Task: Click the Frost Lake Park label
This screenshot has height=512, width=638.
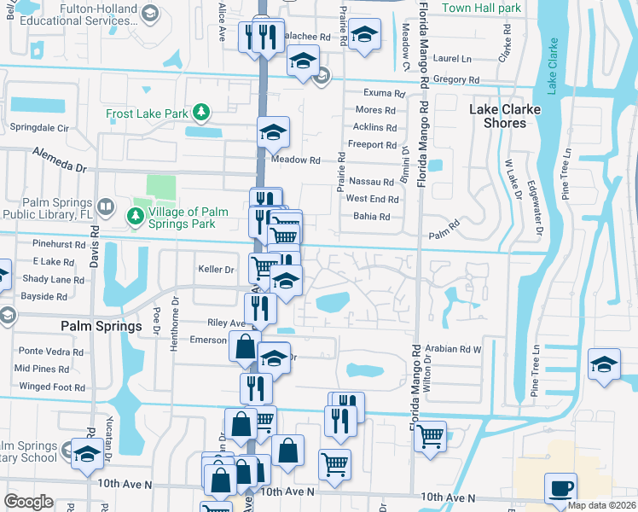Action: coord(146,113)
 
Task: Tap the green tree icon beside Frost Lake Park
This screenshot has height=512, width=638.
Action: coord(200,112)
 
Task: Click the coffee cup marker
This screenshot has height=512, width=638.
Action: coord(560,488)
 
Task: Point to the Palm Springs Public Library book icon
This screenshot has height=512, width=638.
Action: coord(105,207)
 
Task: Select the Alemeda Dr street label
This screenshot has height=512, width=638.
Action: coord(61,159)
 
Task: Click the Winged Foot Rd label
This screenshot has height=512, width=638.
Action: coord(52,387)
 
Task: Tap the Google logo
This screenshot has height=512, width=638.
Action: coord(28,501)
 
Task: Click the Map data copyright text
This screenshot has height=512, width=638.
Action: coord(600,505)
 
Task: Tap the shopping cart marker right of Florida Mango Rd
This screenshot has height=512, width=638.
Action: coord(431,435)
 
